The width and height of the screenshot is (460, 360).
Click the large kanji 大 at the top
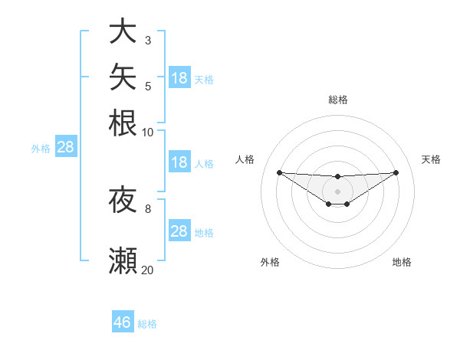(123, 30)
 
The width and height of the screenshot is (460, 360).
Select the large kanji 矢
(123, 77)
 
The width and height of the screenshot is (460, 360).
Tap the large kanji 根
(123, 123)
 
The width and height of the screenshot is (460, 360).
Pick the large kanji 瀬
(123, 260)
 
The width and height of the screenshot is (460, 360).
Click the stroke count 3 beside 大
(148, 41)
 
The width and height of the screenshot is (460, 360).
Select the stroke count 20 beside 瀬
(147, 270)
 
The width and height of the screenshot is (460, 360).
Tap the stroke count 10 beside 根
(147, 133)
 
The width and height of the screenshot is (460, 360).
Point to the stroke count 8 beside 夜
(148, 209)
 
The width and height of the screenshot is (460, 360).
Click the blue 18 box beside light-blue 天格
(179, 77)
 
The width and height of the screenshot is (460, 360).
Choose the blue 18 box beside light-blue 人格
(179, 162)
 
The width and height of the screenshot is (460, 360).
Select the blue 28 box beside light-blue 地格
(179, 230)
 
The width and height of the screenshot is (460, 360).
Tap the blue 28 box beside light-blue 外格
(66, 146)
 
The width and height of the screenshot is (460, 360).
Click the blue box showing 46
(123, 321)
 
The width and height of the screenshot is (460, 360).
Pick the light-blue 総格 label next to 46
(147, 324)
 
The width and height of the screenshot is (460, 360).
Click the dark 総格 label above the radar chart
(338, 100)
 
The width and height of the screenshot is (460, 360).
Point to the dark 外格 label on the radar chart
(270, 262)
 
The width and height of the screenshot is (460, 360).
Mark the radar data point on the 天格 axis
(396, 172)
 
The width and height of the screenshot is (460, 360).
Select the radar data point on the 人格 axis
(280, 172)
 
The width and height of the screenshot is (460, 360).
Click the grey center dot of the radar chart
(337, 191)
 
